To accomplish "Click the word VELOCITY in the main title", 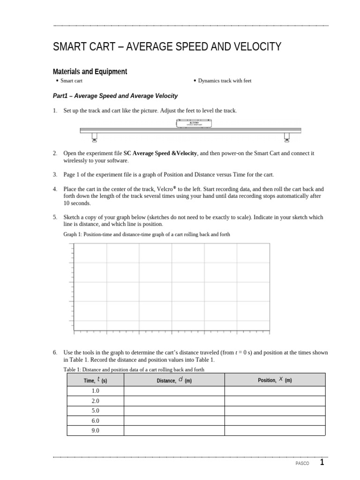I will point(255,47).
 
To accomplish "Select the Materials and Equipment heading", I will point(90,72).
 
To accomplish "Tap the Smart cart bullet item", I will point(71,81).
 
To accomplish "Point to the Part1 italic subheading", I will point(115,96).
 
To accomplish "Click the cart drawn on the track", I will point(194,124).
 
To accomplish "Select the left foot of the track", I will point(94,137).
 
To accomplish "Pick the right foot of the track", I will point(287,137).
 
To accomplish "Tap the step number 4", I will point(55,189).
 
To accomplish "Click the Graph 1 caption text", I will point(147,234).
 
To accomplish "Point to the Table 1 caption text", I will point(134,369).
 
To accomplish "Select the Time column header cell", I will point(95,380).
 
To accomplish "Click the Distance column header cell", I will point(174,380).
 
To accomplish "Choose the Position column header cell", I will point(275,380).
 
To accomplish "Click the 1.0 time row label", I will point(95,391).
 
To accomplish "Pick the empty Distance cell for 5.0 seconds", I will point(174,411).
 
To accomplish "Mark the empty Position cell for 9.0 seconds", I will point(275,430).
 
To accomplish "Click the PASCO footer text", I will point(303,464).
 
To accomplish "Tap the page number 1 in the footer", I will point(322,463).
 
